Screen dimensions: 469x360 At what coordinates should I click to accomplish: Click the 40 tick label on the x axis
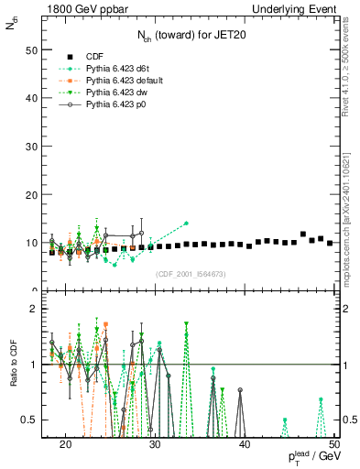245,445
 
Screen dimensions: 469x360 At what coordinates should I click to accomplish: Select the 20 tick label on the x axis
65,445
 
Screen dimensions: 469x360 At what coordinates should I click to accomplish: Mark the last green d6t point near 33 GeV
186,224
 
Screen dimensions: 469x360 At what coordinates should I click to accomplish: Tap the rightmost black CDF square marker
330,243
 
